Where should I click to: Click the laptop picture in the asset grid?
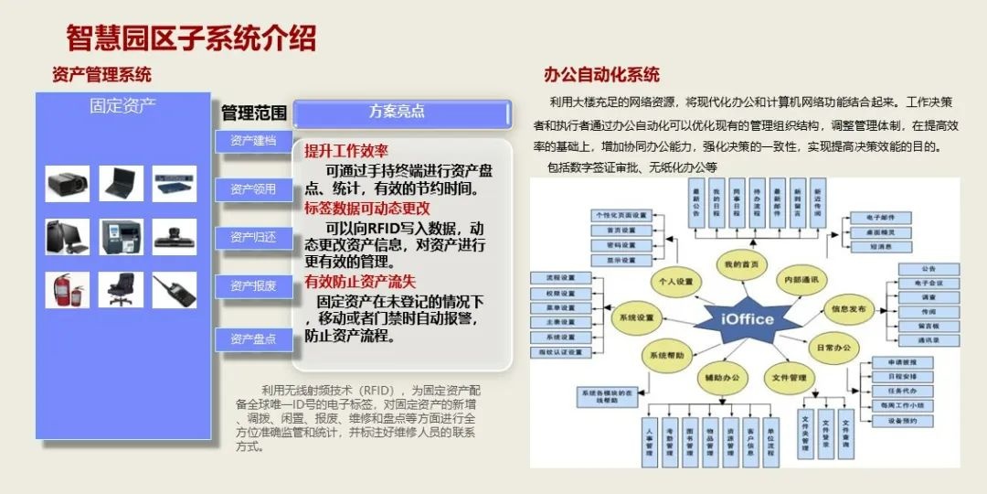point(121,184)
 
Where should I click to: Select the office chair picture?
point(121,290)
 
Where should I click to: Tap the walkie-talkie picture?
point(174,290)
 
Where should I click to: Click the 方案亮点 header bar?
point(401,113)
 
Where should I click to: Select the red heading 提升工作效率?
point(346,151)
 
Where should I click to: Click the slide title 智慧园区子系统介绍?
point(191,38)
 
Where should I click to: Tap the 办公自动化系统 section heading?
point(601,75)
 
